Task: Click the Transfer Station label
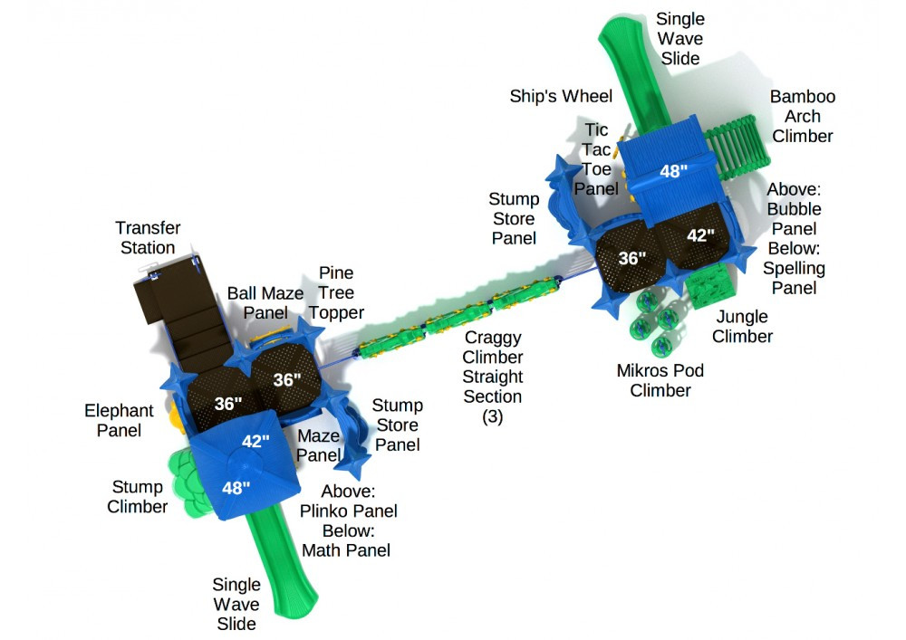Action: (x=147, y=238)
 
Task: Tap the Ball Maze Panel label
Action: (x=265, y=302)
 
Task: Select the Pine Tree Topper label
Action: (x=335, y=293)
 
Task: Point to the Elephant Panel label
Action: (x=119, y=421)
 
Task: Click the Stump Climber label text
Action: (x=138, y=497)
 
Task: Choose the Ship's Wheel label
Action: (x=561, y=97)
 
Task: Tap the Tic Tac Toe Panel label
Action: (x=596, y=159)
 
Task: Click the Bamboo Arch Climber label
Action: (x=803, y=117)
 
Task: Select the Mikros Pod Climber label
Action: (x=660, y=380)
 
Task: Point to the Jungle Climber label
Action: (x=742, y=327)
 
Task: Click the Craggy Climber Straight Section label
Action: (x=493, y=377)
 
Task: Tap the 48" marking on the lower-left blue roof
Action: (x=236, y=488)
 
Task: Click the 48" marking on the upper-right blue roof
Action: (x=673, y=171)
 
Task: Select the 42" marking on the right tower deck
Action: (x=700, y=235)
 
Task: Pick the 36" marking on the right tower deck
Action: (x=631, y=258)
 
